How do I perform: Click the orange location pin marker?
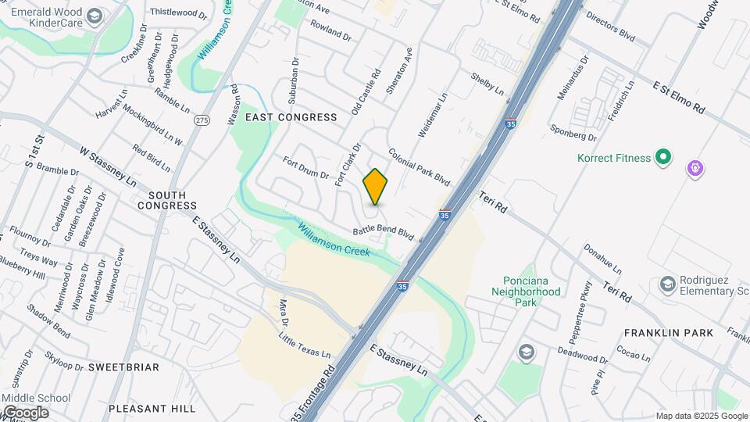click(x=375, y=187)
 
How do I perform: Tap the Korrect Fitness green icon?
click(x=663, y=158)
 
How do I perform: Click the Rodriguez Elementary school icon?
click(x=667, y=283)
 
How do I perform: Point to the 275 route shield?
click(x=202, y=120)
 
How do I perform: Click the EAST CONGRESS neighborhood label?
click(x=291, y=117)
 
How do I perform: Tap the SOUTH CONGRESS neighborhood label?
click(x=167, y=200)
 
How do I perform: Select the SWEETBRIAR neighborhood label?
click(x=123, y=367)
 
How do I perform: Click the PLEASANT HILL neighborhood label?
click(x=152, y=408)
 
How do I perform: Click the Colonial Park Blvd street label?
click(x=420, y=167)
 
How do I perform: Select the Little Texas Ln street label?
click(x=305, y=342)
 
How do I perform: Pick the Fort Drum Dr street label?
click(x=305, y=167)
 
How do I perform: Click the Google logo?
click(x=25, y=412)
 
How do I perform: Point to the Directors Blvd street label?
click(x=610, y=25)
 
